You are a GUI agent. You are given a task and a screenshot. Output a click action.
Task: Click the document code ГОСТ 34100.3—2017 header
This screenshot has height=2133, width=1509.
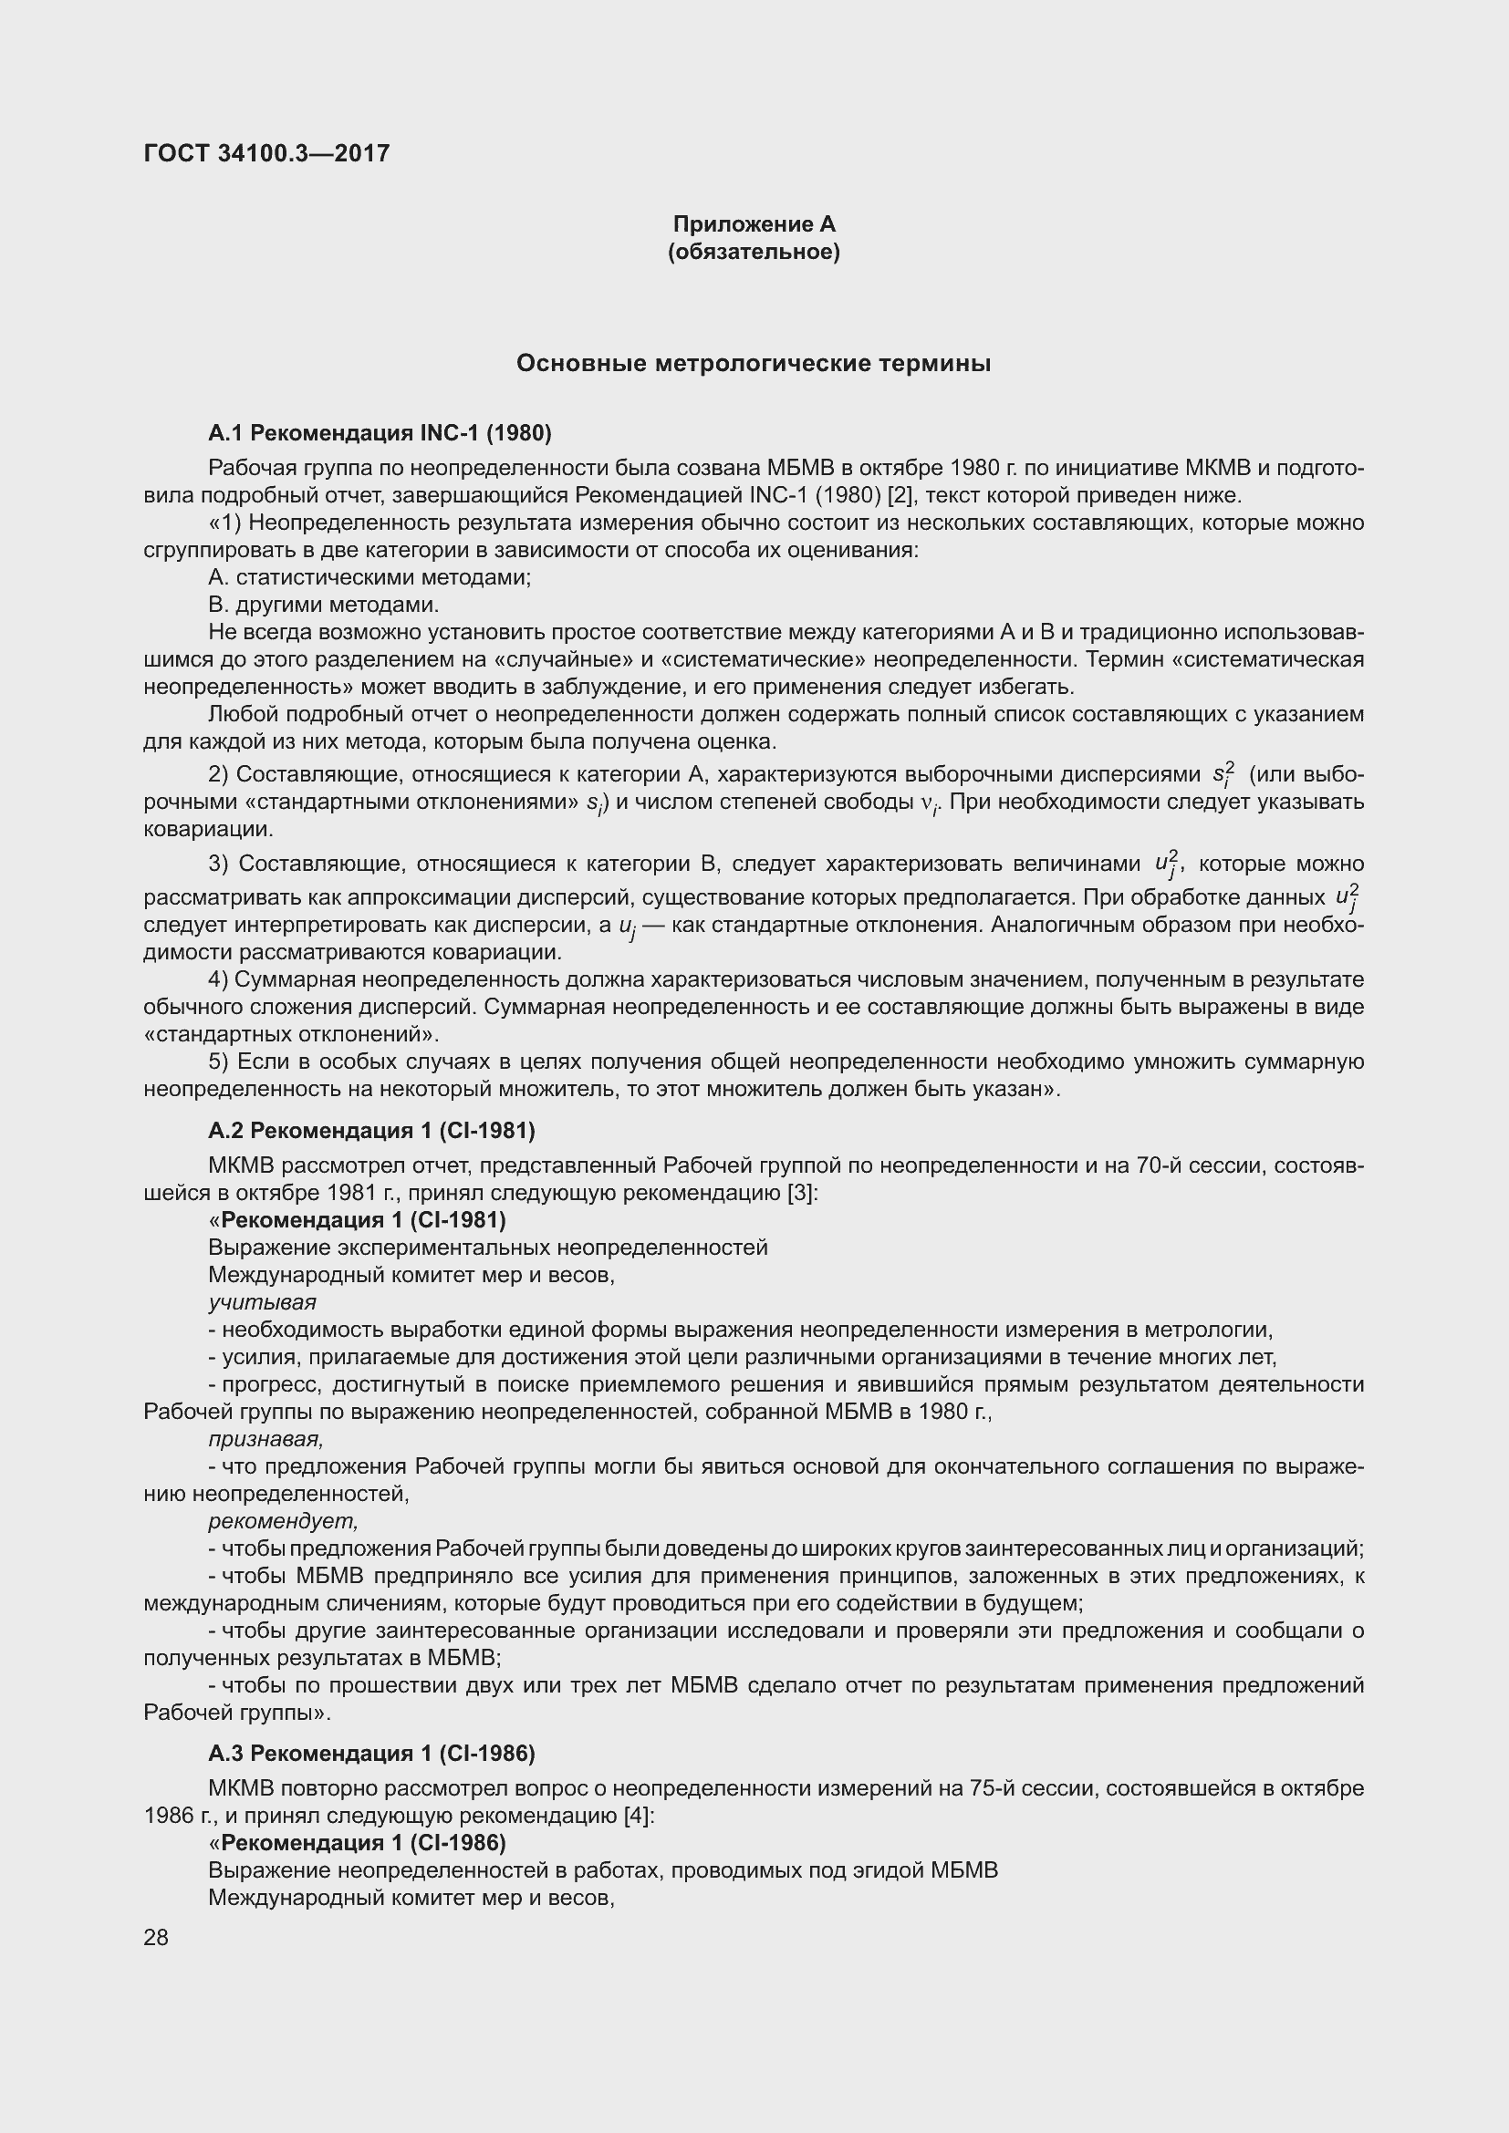pyautogui.click(x=266, y=153)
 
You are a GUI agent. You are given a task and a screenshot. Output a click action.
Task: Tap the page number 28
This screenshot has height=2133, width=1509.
pyautogui.click(x=156, y=1937)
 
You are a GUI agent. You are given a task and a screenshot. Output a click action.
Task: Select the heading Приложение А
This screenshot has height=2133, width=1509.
pyautogui.click(x=754, y=224)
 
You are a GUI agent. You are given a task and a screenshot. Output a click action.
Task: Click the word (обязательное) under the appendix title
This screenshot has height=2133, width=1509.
pyautogui.click(x=754, y=252)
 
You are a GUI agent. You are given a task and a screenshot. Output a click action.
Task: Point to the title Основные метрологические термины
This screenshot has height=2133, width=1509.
pyautogui.click(x=754, y=363)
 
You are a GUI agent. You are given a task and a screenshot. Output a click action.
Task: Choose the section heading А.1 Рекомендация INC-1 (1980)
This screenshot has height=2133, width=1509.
pyautogui.click(x=380, y=432)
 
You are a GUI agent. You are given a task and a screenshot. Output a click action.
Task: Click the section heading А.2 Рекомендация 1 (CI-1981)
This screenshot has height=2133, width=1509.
pyautogui.click(x=371, y=1131)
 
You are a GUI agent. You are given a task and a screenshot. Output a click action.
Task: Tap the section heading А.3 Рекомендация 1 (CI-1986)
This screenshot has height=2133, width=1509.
pyautogui.click(x=371, y=1753)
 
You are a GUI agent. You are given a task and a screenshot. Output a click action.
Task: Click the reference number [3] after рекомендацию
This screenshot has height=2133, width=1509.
pyautogui.click(x=800, y=1192)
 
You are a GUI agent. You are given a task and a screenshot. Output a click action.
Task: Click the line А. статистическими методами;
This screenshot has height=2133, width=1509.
pyautogui.click(x=369, y=577)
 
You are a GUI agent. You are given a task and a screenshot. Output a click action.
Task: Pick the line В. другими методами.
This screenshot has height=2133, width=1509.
pyautogui.click(x=323, y=605)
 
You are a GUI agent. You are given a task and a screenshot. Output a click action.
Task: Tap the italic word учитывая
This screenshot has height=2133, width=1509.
pyautogui.click(x=262, y=1302)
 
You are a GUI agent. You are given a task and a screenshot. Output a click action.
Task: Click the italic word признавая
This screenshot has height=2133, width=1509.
pyautogui.click(x=265, y=1439)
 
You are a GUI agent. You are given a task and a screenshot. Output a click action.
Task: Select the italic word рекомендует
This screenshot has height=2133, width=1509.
pyautogui.click(x=283, y=1522)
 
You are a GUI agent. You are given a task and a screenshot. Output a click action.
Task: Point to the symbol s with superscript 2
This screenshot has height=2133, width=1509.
pyautogui.click(x=1223, y=773)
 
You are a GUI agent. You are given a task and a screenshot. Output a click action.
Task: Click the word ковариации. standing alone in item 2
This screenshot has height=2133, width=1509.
pyautogui.click(x=207, y=829)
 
